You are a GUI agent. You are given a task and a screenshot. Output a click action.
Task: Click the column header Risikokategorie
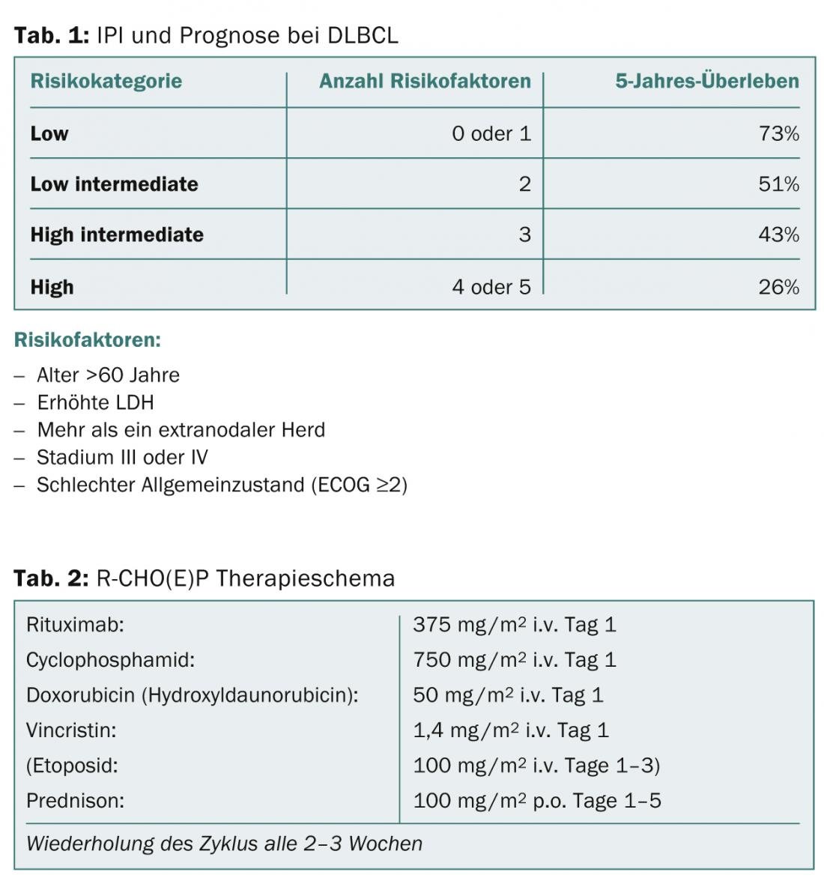pyautogui.click(x=106, y=81)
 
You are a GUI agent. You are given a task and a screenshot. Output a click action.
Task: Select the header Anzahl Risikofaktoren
pyautogui.click(x=425, y=81)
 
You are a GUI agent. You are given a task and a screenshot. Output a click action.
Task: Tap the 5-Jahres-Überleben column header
pyautogui.click(x=706, y=81)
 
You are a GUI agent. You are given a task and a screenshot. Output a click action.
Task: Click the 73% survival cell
pyautogui.click(x=778, y=133)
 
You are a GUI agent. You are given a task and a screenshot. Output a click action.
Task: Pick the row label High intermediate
pyautogui.click(x=117, y=234)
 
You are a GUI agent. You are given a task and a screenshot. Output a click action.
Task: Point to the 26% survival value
pyautogui.click(x=778, y=287)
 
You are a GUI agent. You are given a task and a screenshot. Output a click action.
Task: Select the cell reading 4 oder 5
pyautogui.click(x=491, y=287)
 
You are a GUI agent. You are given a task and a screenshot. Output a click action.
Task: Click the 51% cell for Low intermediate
pyautogui.click(x=778, y=184)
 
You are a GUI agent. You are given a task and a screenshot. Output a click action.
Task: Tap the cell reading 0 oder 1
pyautogui.click(x=491, y=133)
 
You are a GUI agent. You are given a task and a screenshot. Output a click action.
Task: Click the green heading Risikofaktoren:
pyautogui.click(x=88, y=340)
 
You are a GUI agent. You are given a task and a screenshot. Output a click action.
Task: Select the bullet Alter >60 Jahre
pyautogui.click(x=108, y=375)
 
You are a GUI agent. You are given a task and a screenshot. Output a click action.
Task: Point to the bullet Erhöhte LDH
pyautogui.click(x=95, y=402)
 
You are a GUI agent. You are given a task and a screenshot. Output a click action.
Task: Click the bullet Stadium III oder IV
pyautogui.click(x=122, y=457)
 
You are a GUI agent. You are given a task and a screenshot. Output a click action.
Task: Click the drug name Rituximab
pyautogui.click(x=75, y=624)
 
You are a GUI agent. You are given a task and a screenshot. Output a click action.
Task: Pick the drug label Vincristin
pyautogui.click(x=71, y=730)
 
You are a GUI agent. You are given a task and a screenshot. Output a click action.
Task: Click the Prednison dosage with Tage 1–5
pyautogui.click(x=536, y=800)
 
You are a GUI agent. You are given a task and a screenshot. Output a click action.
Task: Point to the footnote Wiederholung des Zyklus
pyautogui.click(x=224, y=844)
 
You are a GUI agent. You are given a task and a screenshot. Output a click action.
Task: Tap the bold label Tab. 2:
pyautogui.click(x=51, y=578)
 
